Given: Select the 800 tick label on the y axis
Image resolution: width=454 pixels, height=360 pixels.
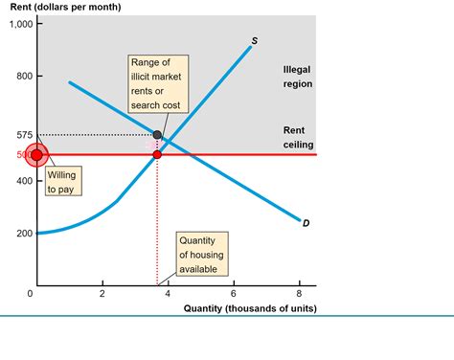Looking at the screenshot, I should click(x=24, y=77).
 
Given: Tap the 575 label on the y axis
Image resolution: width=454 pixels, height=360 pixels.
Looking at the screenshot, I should click(x=24, y=135).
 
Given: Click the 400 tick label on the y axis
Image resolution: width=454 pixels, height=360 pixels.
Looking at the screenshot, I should click(x=24, y=181).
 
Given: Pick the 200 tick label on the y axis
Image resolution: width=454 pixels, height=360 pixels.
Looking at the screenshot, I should click(x=24, y=234).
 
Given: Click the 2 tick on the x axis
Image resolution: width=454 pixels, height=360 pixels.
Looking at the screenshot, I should click(x=102, y=294).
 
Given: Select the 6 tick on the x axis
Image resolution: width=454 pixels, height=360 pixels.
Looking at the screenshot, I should click(x=233, y=294).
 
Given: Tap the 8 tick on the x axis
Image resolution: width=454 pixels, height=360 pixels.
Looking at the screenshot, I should click(x=299, y=294).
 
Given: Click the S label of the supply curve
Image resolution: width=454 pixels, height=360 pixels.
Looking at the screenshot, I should click(x=255, y=41).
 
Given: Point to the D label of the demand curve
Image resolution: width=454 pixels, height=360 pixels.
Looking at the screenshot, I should click(x=306, y=224).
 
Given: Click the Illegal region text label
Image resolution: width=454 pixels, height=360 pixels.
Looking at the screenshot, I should click(x=298, y=77).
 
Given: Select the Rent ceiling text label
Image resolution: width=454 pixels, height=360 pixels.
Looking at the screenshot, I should click(x=298, y=137).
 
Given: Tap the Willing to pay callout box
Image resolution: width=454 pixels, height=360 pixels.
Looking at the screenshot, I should click(x=61, y=182).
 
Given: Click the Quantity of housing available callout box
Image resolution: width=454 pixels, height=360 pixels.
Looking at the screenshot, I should click(x=202, y=255).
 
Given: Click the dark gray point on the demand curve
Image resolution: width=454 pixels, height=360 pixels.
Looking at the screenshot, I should click(x=157, y=135).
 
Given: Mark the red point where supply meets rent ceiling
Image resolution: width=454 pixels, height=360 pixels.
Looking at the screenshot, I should click(x=157, y=154).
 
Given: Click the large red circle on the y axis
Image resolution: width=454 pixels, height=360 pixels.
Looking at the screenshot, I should click(x=36, y=155).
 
